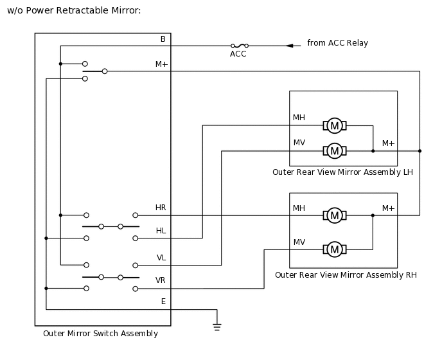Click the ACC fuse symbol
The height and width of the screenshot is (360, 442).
[x=238, y=46]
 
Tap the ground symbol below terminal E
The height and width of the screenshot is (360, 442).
[x=217, y=327]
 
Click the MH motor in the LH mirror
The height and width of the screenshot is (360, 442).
[x=334, y=125]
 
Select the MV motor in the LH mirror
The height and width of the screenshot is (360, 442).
[x=334, y=151]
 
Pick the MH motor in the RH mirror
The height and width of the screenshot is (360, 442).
[x=334, y=215]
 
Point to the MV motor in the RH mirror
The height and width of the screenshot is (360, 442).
[x=334, y=249]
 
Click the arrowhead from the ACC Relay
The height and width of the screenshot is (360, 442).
[x=290, y=46]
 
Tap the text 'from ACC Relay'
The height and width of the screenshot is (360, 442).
[x=337, y=43]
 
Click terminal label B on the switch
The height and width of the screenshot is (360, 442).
[x=163, y=39]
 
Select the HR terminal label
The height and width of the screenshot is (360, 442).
[x=161, y=208]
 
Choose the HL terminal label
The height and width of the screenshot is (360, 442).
[x=161, y=231]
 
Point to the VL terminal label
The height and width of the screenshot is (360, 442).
[x=161, y=257]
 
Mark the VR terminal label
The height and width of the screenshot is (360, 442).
[x=161, y=280]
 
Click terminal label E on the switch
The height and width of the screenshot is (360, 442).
[x=163, y=301]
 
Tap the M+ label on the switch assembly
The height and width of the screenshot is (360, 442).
[x=162, y=64]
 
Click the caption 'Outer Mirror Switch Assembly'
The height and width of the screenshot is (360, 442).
[x=100, y=334]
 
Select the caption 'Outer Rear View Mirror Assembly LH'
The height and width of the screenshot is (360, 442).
[x=342, y=172]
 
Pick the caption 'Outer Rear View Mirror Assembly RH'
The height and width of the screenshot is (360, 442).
[x=346, y=275]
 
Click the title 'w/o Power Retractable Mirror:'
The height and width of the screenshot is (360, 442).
[x=74, y=11]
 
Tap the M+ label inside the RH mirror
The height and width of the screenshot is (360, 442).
[x=388, y=208]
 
